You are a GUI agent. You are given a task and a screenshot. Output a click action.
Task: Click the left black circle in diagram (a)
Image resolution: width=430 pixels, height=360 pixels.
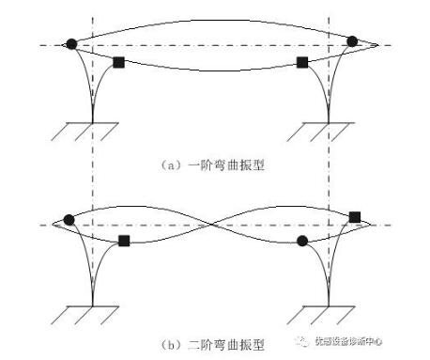71,43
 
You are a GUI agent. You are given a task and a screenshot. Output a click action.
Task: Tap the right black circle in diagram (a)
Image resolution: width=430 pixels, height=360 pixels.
352,41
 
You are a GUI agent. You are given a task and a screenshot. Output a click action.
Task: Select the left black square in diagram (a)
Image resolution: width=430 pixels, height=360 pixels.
118,62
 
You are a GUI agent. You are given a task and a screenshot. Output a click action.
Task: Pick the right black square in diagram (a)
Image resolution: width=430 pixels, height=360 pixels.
302,62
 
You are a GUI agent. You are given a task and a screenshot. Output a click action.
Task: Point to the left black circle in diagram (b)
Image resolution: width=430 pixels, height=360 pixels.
69,220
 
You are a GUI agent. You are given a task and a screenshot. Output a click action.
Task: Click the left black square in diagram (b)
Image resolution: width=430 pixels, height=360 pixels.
124,241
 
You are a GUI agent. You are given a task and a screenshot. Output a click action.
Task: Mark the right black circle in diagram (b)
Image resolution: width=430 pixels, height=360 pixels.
302,241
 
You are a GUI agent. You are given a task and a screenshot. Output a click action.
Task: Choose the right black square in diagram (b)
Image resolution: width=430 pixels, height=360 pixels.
355,217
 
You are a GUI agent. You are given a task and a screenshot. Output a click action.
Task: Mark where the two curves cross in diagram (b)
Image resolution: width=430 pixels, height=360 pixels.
214,226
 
